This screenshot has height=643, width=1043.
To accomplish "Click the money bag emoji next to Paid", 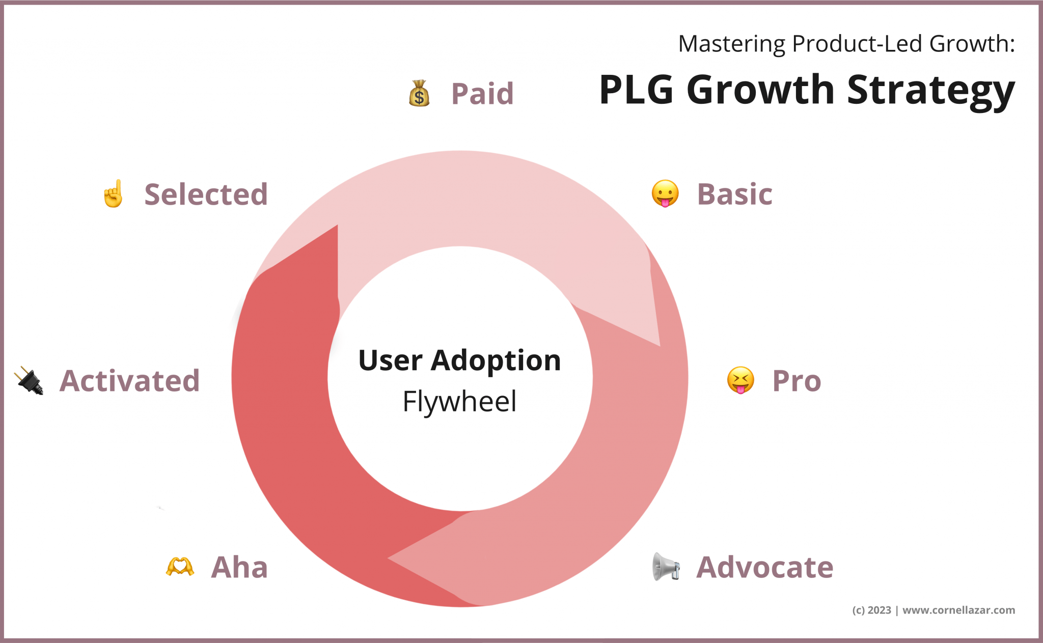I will click(x=419, y=94).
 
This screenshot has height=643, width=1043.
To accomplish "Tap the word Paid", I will click(x=482, y=94).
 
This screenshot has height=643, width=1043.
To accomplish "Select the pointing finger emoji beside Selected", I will click(x=114, y=194).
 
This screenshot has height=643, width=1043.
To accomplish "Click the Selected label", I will click(x=206, y=194).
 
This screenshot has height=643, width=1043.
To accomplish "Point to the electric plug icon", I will click(x=30, y=380).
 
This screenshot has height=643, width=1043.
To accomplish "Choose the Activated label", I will click(x=130, y=381).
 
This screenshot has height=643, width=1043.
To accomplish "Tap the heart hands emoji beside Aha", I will click(x=180, y=567).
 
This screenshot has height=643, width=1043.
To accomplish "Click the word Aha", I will click(x=239, y=567).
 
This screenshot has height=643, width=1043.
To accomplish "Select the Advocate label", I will click(x=764, y=567).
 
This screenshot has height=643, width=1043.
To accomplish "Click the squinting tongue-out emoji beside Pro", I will click(x=740, y=380).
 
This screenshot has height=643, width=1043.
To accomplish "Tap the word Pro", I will click(x=797, y=381).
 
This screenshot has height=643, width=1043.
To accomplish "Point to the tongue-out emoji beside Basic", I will click(x=665, y=194).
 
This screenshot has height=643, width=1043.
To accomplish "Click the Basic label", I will click(x=734, y=194).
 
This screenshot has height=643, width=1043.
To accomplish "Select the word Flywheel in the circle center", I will click(x=459, y=401).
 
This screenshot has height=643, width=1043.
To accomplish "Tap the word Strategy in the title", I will click(x=930, y=91).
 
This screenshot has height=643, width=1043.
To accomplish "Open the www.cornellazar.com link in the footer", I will click(x=958, y=610).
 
